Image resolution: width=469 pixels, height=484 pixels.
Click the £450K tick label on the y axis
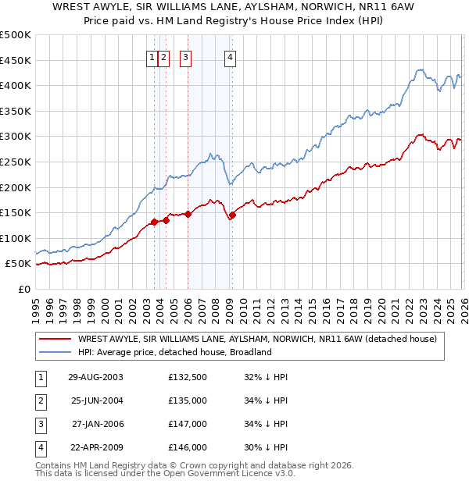click(16, 60)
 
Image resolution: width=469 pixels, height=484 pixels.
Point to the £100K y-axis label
click(16, 238)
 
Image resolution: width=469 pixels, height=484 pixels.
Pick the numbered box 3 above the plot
click(186, 55)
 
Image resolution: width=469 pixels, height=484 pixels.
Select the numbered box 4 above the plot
click(231, 55)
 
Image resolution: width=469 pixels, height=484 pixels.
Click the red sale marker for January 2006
click(188, 214)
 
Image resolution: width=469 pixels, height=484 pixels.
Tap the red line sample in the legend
click(55, 339)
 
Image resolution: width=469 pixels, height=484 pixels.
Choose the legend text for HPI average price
click(174, 352)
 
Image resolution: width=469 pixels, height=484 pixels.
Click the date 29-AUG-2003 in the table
click(95, 377)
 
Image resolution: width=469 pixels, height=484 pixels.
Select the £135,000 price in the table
click(188, 400)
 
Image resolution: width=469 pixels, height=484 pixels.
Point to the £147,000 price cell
click(188, 424)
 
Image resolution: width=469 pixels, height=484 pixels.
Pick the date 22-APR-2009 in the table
click(95, 447)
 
